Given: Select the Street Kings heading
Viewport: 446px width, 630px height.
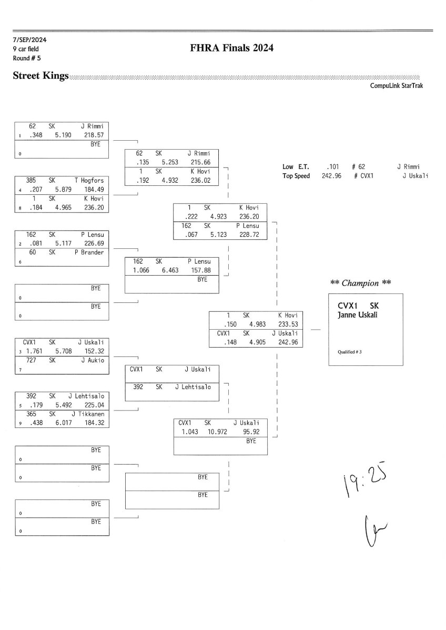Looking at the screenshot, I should click(x=40, y=77).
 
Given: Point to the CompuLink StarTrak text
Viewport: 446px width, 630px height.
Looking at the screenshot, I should click(x=397, y=86).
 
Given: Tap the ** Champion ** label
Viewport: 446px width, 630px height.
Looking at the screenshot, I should click(x=361, y=283).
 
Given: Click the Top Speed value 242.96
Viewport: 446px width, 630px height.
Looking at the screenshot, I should click(x=331, y=175).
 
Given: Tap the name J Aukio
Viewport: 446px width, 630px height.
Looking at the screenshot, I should click(x=93, y=360).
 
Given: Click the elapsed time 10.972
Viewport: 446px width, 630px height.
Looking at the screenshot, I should click(x=216, y=431).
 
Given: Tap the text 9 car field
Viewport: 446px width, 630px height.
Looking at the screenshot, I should click(x=26, y=49).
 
